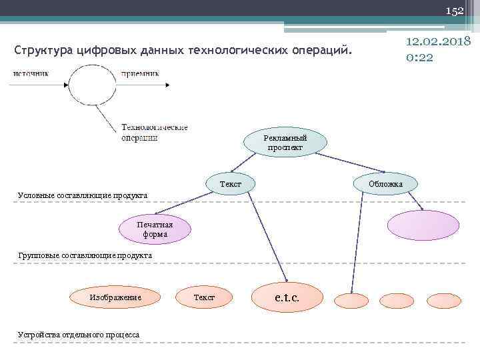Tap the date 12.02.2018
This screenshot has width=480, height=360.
438,43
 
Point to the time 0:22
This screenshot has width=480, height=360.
419,57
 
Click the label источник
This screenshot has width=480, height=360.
31,73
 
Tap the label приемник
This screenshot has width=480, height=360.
140,73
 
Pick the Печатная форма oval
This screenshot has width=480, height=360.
155,229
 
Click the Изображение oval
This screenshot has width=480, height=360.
115,297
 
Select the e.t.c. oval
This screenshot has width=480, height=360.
287,298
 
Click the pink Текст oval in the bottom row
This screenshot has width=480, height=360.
203,297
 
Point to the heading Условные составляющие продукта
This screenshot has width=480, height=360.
83,195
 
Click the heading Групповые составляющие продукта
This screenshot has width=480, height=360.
85,255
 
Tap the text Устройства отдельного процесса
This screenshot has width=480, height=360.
79,333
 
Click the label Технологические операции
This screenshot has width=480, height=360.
155,132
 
